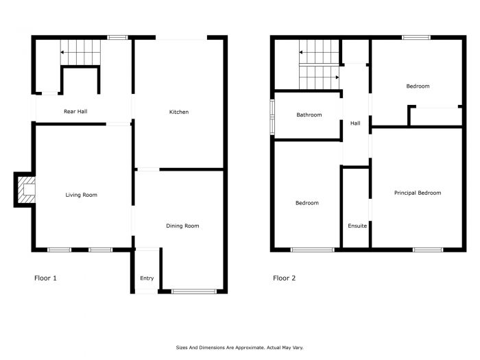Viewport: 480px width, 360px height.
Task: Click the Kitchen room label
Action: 179,112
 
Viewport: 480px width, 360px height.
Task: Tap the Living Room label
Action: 81,195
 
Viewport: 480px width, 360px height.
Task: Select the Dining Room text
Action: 182,226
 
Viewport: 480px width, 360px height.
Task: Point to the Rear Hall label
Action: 75,111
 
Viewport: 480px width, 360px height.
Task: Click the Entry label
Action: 147,278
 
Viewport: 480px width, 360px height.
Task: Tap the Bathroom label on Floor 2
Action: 309,115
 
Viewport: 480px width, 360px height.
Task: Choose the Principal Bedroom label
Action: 418,193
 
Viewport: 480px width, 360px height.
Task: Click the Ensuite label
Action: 357,226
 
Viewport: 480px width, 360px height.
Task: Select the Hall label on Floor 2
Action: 355,123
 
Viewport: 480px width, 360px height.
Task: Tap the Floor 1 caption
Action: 45,278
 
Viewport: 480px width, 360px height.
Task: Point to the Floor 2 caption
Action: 284,278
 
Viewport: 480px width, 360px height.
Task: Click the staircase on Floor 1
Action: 80,52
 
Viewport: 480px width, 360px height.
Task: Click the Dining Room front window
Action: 194,291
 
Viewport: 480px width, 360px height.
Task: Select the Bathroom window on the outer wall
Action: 272,117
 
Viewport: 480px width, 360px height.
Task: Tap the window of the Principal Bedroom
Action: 428,250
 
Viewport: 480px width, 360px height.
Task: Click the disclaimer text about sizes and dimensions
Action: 240,348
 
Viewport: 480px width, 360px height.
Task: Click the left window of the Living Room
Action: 60,250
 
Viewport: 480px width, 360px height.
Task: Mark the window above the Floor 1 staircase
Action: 117,38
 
